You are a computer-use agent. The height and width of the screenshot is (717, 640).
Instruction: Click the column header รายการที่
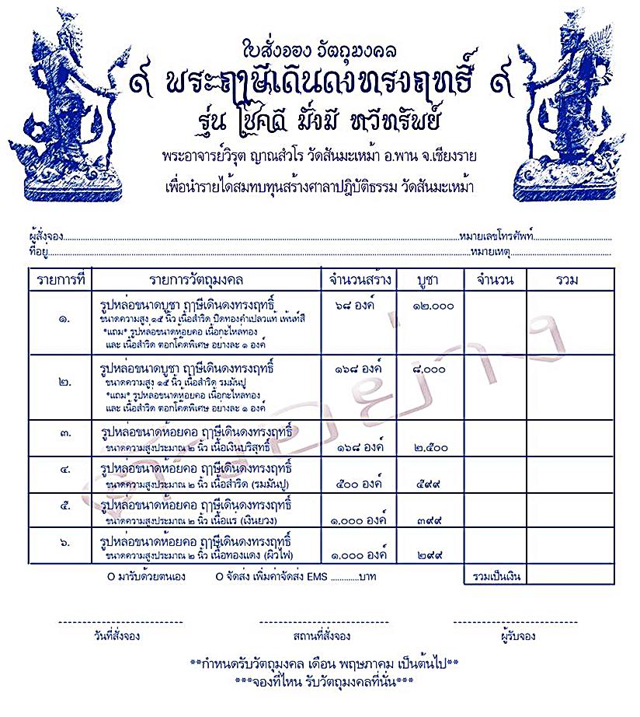60,279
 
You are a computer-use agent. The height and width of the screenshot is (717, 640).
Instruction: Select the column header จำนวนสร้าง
360,279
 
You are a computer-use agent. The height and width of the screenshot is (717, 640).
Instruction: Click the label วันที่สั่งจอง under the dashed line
115,636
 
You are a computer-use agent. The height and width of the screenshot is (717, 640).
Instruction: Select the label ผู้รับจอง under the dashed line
516,636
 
